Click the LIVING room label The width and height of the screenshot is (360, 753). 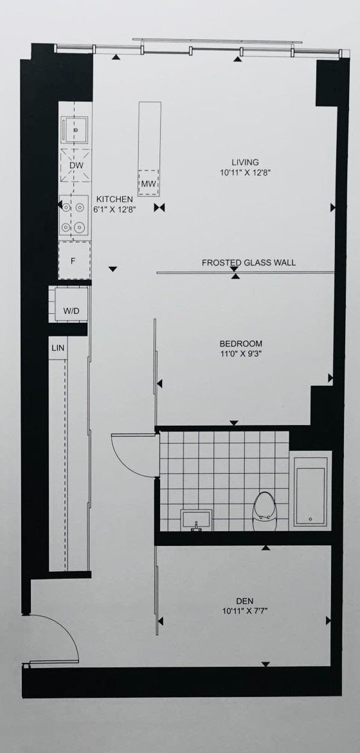pyautogui.click(x=246, y=162)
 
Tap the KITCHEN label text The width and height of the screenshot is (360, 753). pyautogui.click(x=115, y=199)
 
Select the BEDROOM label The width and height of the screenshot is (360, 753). pyautogui.click(x=241, y=343)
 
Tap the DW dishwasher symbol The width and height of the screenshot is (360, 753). pyautogui.click(x=75, y=165)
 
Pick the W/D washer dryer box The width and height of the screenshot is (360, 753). pyautogui.click(x=71, y=311)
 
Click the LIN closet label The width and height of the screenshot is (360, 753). pyautogui.click(x=58, y=348)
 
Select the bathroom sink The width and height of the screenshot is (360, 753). pyautogui.click(x=197, y=518)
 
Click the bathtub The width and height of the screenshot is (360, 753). pyautogui.click(x=310, y=489)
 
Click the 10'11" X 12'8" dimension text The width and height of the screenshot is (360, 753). pyautogui.click(x=246, y=172)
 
